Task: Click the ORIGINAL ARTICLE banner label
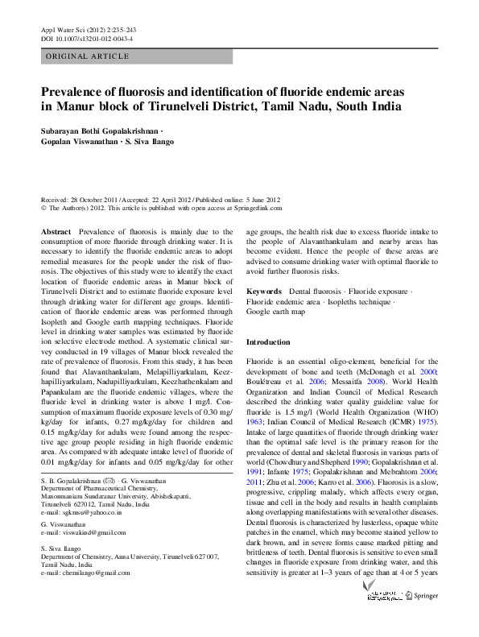[x=88, y=56]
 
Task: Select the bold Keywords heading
[x=263, y=290]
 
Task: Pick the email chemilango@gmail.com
[x=87, y=573]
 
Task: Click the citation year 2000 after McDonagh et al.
[x=428, y=372]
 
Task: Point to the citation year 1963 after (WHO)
[x=255, y=420]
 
